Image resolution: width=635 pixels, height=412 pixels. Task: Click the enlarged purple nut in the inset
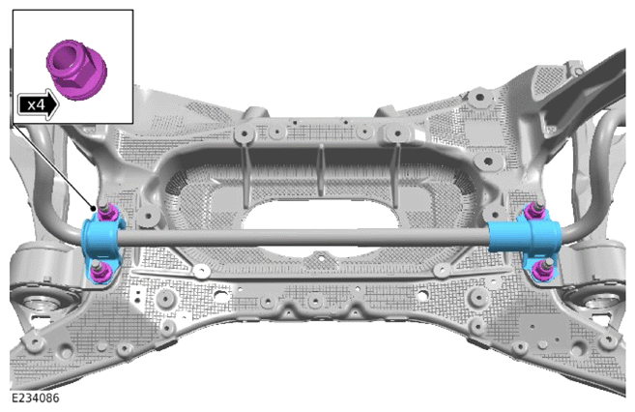[76, 70]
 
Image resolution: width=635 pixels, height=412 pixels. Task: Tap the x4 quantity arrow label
[38, 105]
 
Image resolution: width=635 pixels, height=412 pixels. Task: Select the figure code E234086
[35, 398]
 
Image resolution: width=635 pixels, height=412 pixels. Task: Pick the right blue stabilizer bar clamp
[525, 242]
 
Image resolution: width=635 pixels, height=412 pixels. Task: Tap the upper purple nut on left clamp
[106, 212]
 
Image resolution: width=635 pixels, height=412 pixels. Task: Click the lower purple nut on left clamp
[98, 272]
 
